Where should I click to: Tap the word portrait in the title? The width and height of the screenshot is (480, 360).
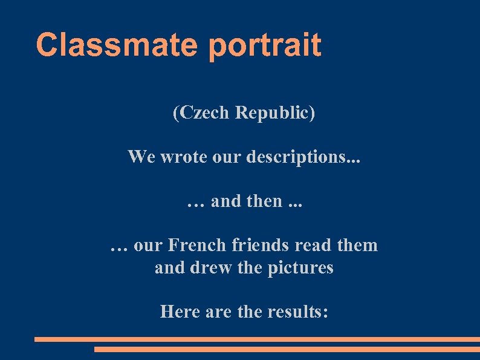click(265, 45)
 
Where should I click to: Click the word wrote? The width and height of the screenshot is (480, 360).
click(182, 157)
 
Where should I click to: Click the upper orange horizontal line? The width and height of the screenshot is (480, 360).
click(257, 339)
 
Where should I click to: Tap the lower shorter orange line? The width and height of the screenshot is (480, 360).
click(287, 349)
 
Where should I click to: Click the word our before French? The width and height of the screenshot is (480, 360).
click(148, 246)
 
